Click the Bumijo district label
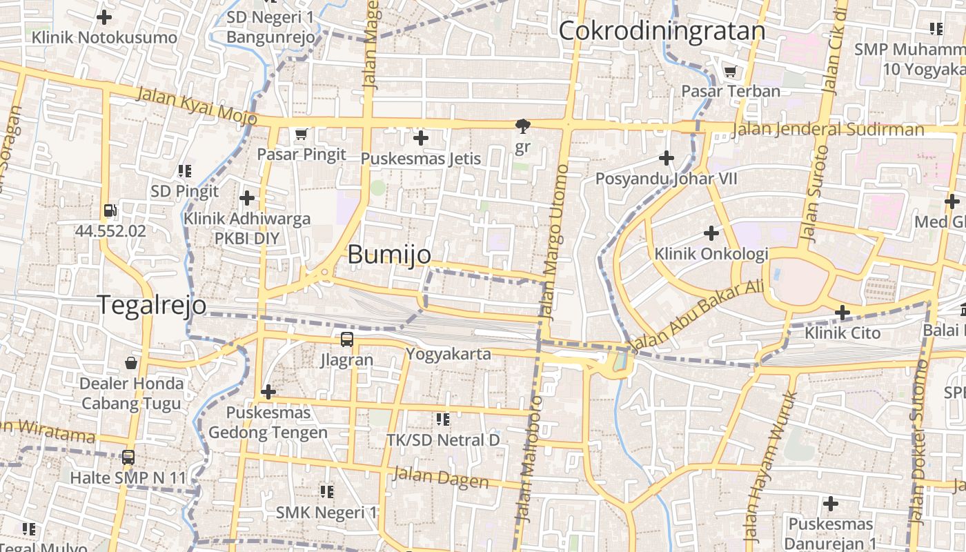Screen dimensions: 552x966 [x=389, y=255]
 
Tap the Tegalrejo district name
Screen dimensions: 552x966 [x=152, y=305]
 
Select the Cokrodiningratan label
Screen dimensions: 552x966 [x=662, y=31]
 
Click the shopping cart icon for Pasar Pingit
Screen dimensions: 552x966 [x=301, y=134]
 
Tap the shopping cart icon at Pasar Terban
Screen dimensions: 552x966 [x=730, y=71]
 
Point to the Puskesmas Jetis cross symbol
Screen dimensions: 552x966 [x=421, y=139]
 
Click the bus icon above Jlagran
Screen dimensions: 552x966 [x=346, y=339]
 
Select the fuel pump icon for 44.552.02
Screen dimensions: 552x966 [x=110, y=211]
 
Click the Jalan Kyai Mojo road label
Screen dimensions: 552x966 [x=196, y=106]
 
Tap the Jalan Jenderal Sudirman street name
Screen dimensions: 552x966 [x=828, y=130]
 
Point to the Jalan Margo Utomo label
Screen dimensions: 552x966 [x=555, y=243]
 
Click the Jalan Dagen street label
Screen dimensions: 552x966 [x=440, y=477]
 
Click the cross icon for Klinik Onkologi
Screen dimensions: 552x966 [x=711, y=233]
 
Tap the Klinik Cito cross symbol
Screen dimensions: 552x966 [x=842, y=313]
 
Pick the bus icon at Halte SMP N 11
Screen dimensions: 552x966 [x=128, y=457]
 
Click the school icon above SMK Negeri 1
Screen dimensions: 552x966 [x=327, y=492]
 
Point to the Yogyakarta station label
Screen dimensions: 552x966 [x=448, y=355]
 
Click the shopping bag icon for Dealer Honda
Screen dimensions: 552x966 [x=131, y=362]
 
